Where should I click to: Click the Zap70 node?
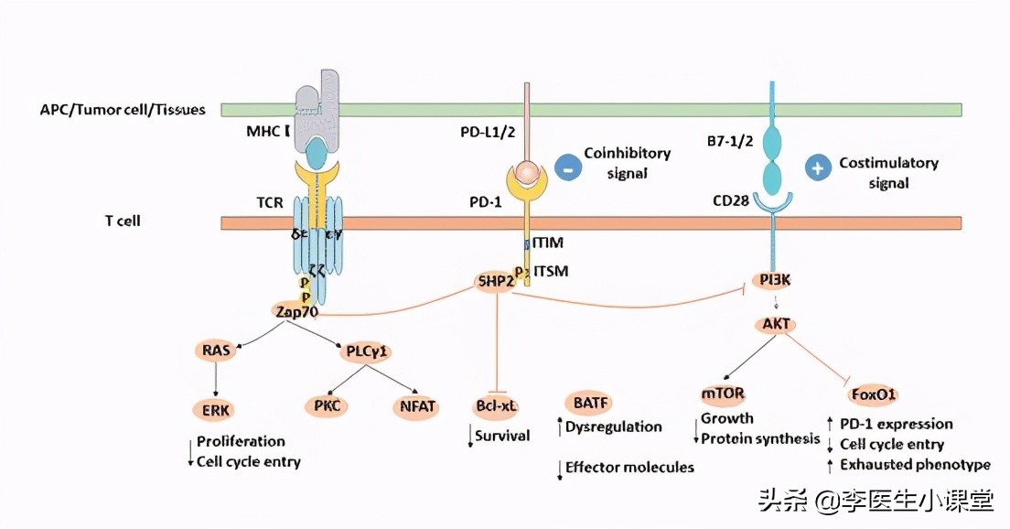(296, 311)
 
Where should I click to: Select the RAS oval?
(216, 349)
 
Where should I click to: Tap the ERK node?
(216, 409)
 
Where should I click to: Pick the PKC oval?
(326, 405)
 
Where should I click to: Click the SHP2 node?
(494, 281)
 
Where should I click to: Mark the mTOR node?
(723, 394)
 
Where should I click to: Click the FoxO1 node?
(872, 395)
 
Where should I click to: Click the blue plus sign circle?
(818, 168)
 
